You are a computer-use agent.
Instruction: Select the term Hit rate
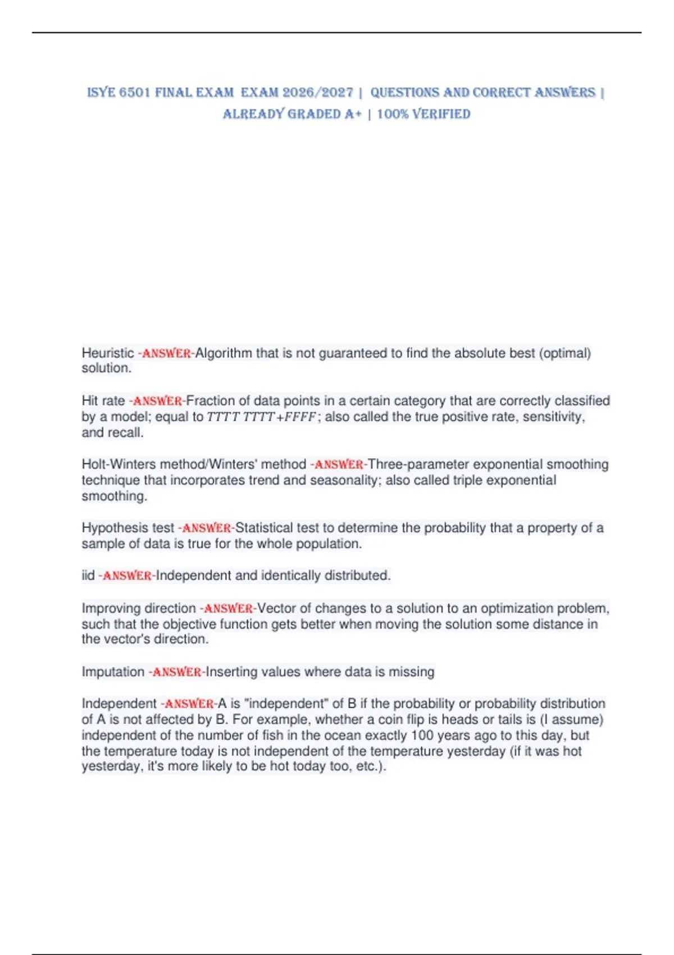point(103,401)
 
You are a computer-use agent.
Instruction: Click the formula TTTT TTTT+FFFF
point(262,417)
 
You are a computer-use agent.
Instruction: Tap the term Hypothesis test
point(128,528)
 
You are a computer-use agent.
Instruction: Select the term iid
point(88,576)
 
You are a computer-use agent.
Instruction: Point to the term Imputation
point(113,672)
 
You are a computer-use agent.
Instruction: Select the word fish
point(272,735)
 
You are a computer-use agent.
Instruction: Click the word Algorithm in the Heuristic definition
point(224,353)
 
